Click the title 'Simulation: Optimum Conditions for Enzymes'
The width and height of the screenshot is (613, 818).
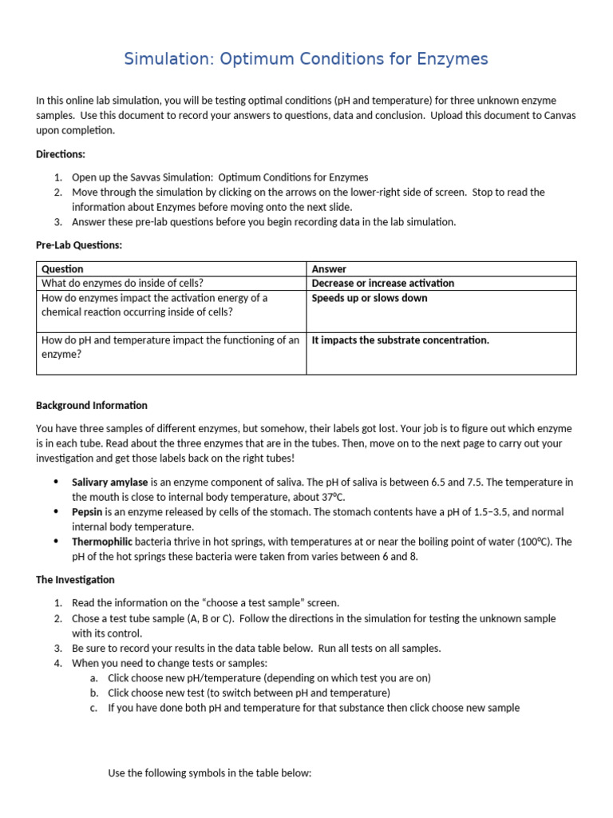(x=306, y=59)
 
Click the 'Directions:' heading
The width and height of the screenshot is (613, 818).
(x=61, y=153)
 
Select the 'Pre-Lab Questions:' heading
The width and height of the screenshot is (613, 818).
(x=79, y=244)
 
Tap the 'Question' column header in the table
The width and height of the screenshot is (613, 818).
(x=62, y=269)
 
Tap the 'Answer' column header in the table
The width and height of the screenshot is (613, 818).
(x=329, y=269)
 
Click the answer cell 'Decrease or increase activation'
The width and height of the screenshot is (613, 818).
(x=382, y=283)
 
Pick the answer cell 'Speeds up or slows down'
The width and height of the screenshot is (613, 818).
(x=369, y=298)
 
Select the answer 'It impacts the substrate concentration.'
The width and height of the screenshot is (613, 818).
(x=400, y=340)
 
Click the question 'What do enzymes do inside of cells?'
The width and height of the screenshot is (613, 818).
(x=122, y=283)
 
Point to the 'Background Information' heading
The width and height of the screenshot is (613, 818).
(x=92, y=405)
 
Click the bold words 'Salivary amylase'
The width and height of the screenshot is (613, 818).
(x=109, y=482)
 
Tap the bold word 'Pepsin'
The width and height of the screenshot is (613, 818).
(x=87, y=512)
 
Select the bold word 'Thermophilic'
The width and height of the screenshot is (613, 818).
(x=101, y=542)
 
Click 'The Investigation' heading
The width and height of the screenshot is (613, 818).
(x=75, y=579)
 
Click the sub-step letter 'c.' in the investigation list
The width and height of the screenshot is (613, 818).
(x=95, y=708)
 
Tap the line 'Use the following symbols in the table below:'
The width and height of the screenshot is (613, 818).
(x=209, y=773)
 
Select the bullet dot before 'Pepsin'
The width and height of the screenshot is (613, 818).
(x=56, y=512)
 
